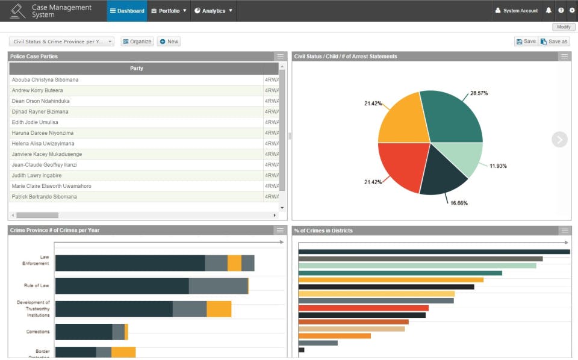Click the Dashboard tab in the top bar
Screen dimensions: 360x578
(127, 11)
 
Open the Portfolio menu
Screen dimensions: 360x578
(169, 11)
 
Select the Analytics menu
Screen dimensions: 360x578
(213, 11)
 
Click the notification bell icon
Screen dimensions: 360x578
(548, 11)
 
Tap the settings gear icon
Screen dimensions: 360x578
(572, 10)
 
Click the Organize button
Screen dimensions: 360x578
(137, 42)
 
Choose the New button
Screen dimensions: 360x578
(169, 42)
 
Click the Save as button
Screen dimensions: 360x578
(554, 42)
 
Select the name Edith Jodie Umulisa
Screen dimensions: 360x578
(35, 122)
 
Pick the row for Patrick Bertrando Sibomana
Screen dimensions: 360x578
(45, 197)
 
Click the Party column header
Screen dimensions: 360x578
(137, 69)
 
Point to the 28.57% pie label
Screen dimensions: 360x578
(479, 93)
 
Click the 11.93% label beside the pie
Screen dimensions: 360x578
(498, 166)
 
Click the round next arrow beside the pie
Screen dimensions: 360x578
(559, 140)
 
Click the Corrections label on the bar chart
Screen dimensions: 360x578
(38, 332)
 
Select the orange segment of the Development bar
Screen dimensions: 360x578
(219, 309)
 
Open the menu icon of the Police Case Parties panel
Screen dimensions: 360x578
(281, 56)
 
